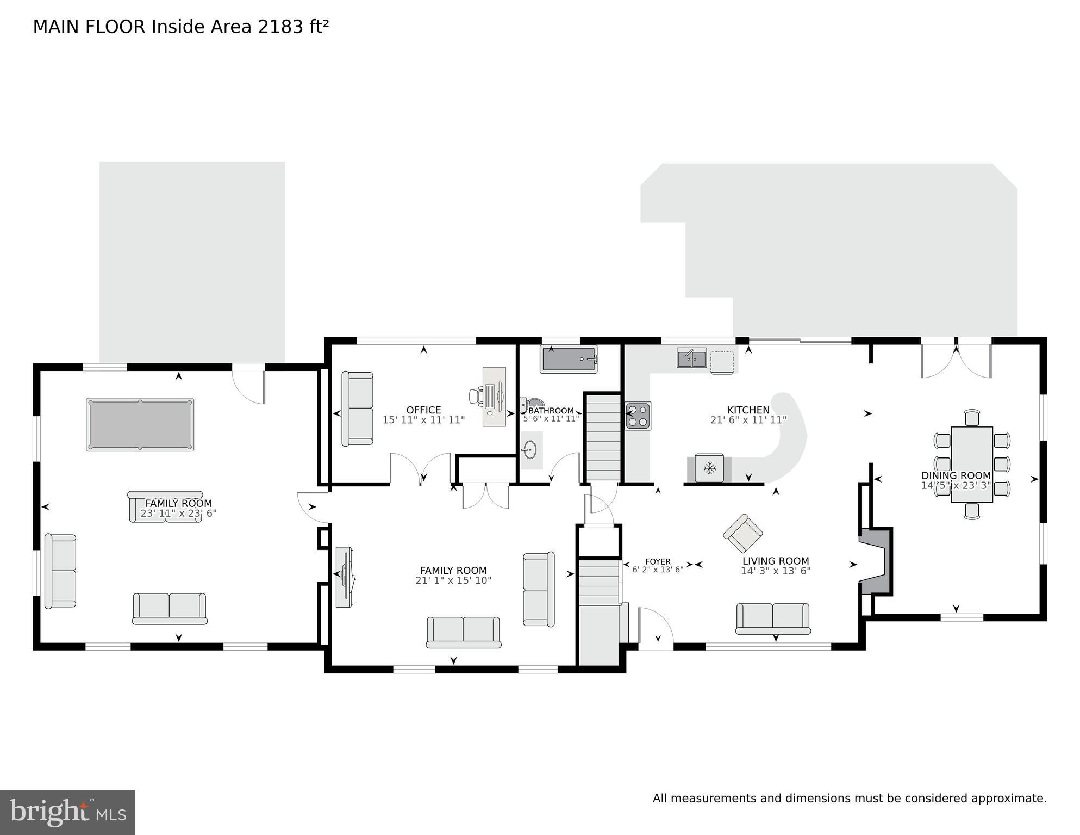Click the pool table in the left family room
(140, 424)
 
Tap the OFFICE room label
(423, 410)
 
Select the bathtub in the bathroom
(569, 359)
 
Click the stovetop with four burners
(638, 416)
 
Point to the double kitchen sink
(691, 358)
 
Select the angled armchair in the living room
(742, 533)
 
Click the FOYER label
(658, 561)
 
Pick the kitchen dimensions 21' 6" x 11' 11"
(748, 420)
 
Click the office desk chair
(477, 396)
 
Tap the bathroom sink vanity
(530, 450)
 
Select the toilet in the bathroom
(529, 403)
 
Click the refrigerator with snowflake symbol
(709, 468)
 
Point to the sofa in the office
(358, 409)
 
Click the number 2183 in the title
(280, 27)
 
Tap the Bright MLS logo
(67, 813)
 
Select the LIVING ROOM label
(776, 561)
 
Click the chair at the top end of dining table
(972, 418)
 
